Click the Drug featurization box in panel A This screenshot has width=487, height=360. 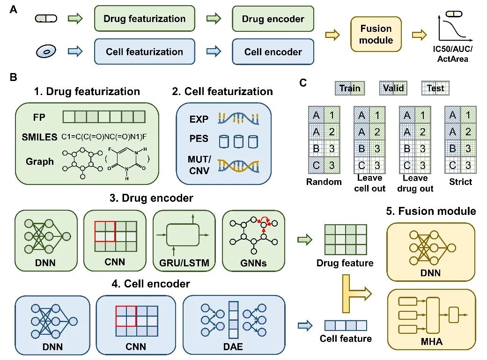click(144, 19)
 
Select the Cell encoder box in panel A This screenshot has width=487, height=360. click(273, 52)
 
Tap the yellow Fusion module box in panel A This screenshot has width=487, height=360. click(376, 35)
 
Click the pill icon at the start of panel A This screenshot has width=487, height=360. click(46, 19)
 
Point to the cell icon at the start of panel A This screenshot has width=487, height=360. click(46, 51)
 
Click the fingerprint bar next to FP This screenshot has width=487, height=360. click(104, 117)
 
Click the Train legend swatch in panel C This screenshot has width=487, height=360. click(350, 88)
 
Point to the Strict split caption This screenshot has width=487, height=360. click(460, 181)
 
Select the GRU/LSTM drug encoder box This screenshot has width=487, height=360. click(184, 241)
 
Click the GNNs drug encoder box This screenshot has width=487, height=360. click(253, 241)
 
